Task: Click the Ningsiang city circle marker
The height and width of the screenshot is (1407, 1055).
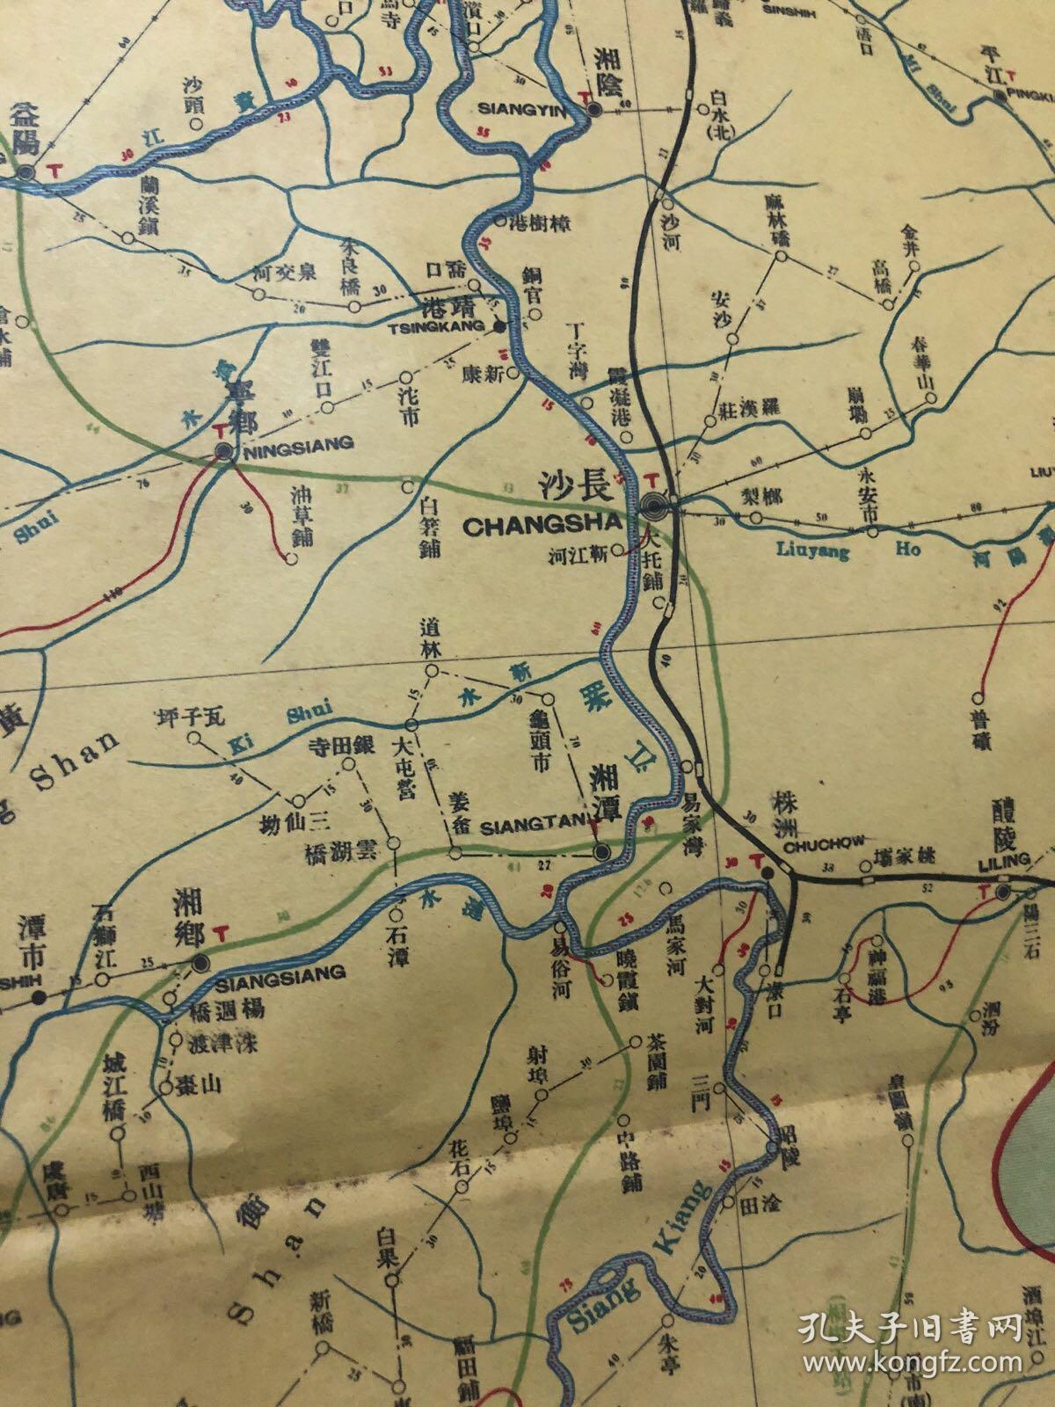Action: pyautogui.click(x=224, y=451)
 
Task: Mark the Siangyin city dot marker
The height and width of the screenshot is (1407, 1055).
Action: pyautogui.click(x=594, y=109)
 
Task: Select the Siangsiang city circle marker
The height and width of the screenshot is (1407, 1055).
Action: pyautogui.click(x=201, y=962)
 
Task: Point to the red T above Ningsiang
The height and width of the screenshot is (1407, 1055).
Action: pyautogui.click(x=219, y=429)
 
